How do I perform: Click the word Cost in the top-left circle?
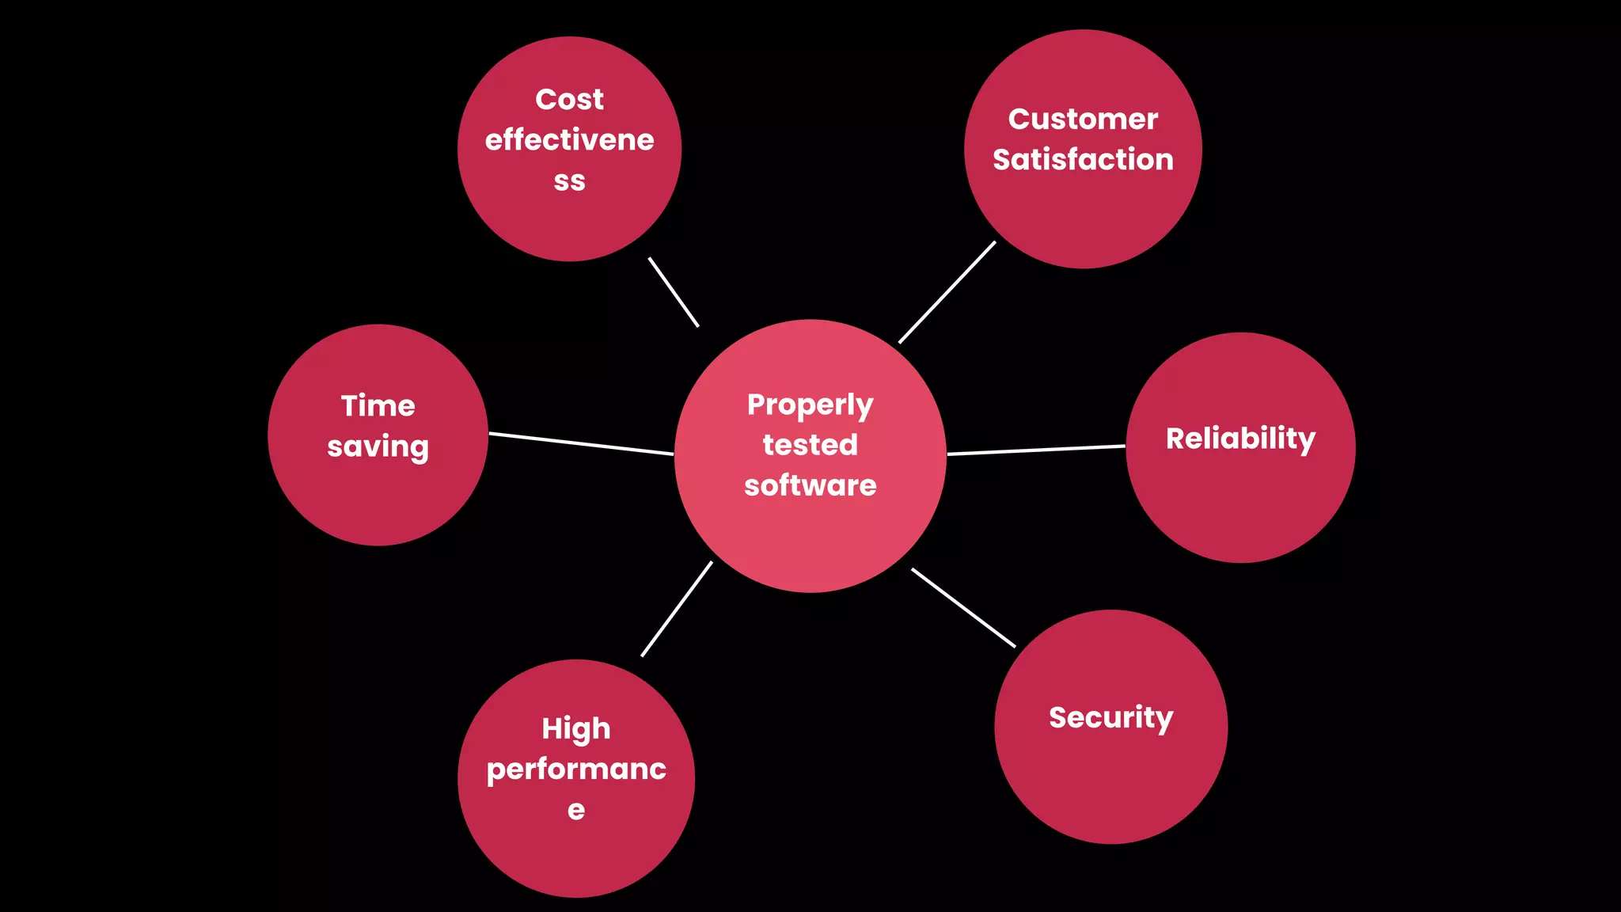(x=569, y=100)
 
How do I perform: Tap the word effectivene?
(x=569, y=140)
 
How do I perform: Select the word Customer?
(x=1083, y=120)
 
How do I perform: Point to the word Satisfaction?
(x=1083, y=160)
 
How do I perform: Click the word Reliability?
(x=1240, y=439)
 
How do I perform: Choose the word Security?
(x=1110, y=718)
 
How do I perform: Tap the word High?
(x=576, y=729)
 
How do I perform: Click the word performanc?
(x=576, y=769)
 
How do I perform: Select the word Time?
(x=378, y=406)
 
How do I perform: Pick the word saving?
(x=378, y=447)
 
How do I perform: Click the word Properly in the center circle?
(x=810, y=405)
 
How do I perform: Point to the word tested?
(x=810, y=445)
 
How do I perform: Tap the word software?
(x=810, y=485)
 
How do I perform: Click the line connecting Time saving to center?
(x=581, y=444)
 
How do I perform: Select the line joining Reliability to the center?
(x=1036, y=450)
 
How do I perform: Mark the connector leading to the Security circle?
(x=963, y=608)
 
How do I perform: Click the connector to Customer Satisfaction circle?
(x=947, y=292)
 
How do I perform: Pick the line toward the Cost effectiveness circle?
(x=674, y=291)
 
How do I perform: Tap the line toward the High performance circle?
(x=677, y=609)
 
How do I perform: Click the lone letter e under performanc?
(x=576, y=811)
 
